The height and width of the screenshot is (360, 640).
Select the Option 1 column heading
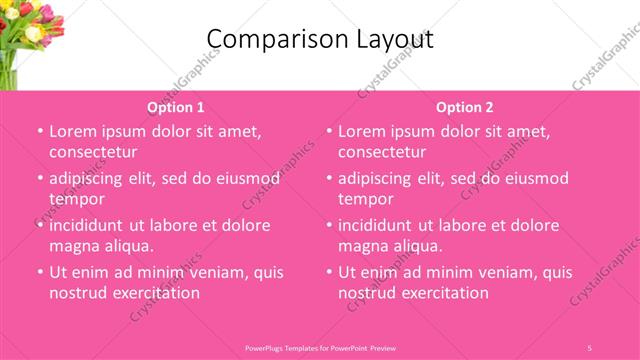pos(176,107)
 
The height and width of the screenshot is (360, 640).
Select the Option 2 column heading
pos(465,107)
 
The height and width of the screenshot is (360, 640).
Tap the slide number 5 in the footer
pos(589,347)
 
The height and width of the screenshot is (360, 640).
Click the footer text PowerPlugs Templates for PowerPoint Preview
pos(320,347)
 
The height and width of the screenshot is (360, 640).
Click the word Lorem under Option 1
pos(76,131)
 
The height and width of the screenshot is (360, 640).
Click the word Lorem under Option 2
pos(365,131)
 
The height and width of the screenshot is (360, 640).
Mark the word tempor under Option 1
pos(77,199)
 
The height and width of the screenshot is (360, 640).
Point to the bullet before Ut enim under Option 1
pos(38,272)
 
